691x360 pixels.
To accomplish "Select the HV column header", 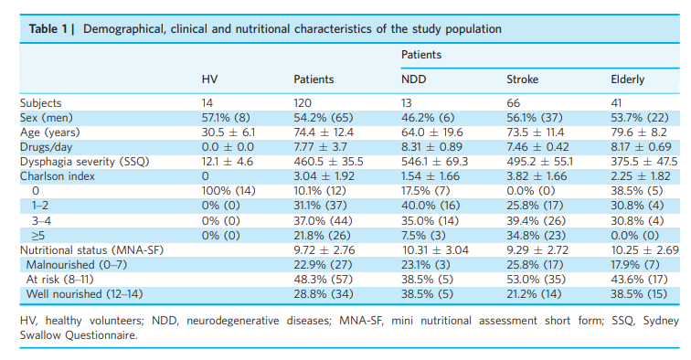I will click(x=209, y=80).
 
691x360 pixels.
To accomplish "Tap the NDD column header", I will click(x=414, y=80).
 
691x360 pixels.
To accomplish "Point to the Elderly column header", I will click(x=627, y=80).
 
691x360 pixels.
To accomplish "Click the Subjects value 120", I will click(x=302, y=103).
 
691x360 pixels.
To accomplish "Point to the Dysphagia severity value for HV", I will click(x=225, y=162).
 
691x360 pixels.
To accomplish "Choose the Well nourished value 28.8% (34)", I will click(x=320, y=293).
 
